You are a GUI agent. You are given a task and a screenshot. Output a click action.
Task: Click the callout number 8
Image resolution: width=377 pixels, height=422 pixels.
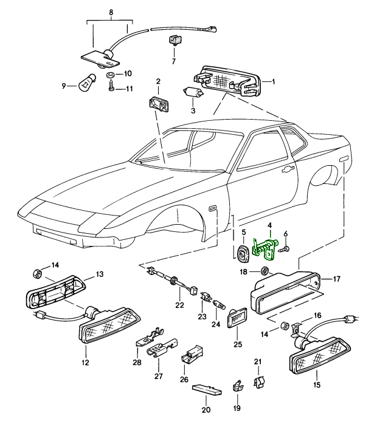[111, 12]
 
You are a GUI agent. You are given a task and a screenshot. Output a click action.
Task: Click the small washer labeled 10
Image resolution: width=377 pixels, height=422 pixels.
[111, 74]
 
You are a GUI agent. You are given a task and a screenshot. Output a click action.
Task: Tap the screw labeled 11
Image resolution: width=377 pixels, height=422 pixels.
[111, 88]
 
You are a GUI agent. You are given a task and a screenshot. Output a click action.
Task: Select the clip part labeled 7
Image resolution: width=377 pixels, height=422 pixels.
[173, 42]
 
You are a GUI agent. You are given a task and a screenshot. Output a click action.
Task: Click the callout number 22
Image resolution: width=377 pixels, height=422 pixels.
[179, 305]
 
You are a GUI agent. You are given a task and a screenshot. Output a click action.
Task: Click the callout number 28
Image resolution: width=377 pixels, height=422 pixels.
[137, 362]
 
